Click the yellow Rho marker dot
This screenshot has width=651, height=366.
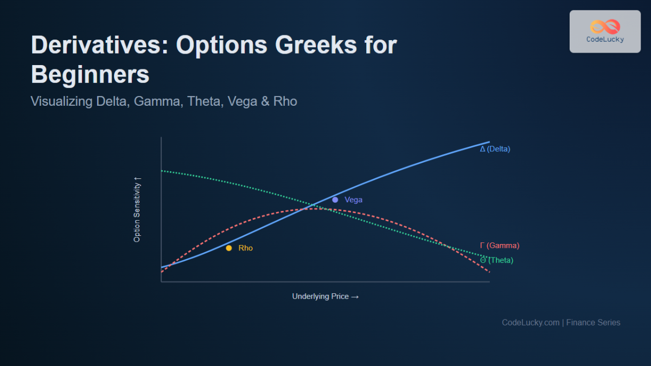coord(229,248)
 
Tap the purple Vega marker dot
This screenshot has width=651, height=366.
coord(335,200)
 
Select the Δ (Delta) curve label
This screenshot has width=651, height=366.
coord(495,149)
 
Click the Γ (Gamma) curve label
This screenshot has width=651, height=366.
coord(499,246)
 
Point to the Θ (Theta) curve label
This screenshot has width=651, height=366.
coord(496,260)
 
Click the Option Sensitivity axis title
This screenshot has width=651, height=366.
coord(137,209)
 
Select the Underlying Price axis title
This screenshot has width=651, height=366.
coord(325,297)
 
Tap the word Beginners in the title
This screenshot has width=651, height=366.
coord(90,74)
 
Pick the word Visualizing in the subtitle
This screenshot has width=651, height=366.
coord(61,101)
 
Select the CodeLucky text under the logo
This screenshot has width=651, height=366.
coord(605,40)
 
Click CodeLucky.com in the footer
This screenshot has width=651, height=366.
coord(530,322)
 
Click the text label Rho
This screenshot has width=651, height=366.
coord(246,248)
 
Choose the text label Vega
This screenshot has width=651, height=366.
coord(353,200)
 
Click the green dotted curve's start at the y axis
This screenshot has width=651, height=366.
coord(162,171)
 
